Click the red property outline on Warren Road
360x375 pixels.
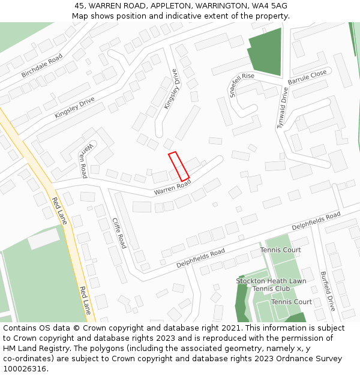coord(179,166)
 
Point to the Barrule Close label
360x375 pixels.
coord(307,77)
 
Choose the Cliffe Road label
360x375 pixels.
coord(119,233)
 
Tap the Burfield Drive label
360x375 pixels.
coord(328,290)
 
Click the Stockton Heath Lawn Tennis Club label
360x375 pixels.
coord(271,284)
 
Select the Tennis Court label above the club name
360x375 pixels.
coord(280,250)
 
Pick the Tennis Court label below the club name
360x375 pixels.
coord(291,302)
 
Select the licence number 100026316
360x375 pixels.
coord(25,369)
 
